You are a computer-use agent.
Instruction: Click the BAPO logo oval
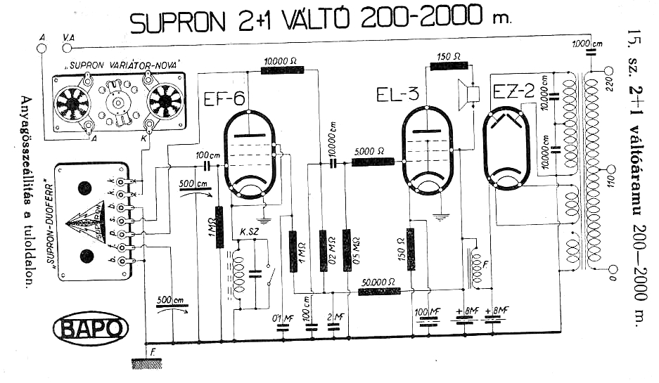(91, 329)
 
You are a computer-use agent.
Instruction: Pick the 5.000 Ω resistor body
(372, 162)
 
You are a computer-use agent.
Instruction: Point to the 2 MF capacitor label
(338, 317)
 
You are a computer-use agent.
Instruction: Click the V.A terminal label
(70, 36)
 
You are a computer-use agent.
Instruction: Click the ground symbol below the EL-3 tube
(441, 217)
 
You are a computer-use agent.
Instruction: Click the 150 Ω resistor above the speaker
(449, 66)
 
